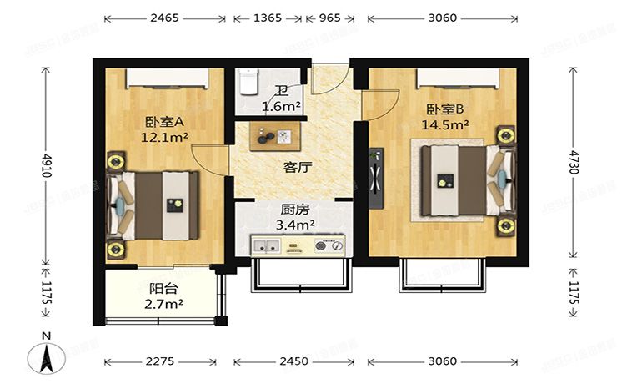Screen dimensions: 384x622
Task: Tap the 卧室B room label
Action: pos(447,109)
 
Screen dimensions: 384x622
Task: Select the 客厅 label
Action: pos(298,167)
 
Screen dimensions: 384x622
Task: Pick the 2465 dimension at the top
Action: pos(166,17)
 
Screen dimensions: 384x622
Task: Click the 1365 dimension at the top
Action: pos(267,17)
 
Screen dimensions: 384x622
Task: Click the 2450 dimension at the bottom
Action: pos(293,361)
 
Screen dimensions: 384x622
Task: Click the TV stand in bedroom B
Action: pos(376,175)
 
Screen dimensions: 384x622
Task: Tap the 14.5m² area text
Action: pos(448,124)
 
